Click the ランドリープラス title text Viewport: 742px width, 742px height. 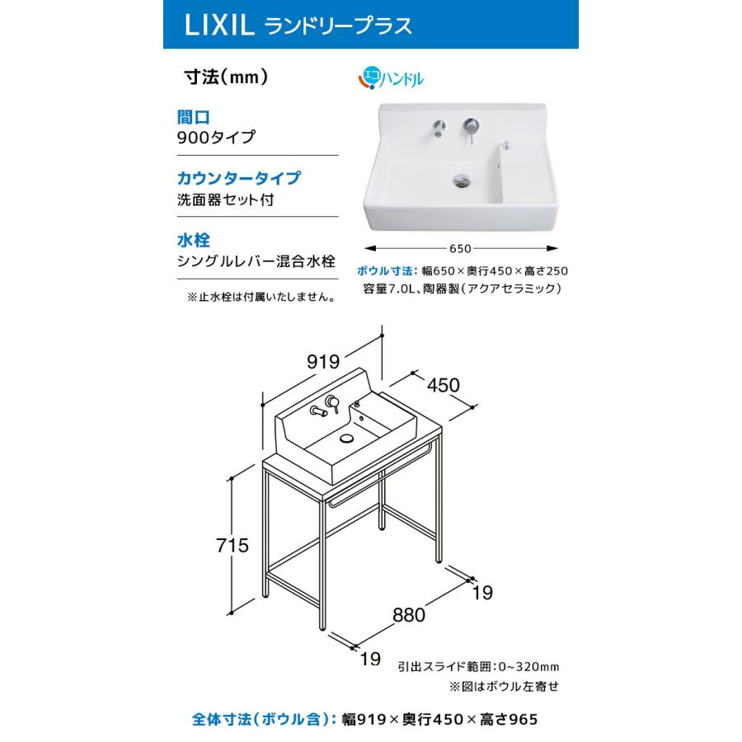pyautogui.click(x=338, y=26)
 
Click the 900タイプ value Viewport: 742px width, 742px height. pyautogui.click(x=216, y=138)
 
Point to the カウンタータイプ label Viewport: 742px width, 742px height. pyautogui.click(x=237, y=178)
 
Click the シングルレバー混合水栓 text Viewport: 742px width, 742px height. pyautogui.click(x=256, y=261)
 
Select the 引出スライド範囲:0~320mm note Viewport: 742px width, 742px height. pyautogui.click(x=479, y=665)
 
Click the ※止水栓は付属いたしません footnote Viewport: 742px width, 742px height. pyautogui.click(x=261, y=297)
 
